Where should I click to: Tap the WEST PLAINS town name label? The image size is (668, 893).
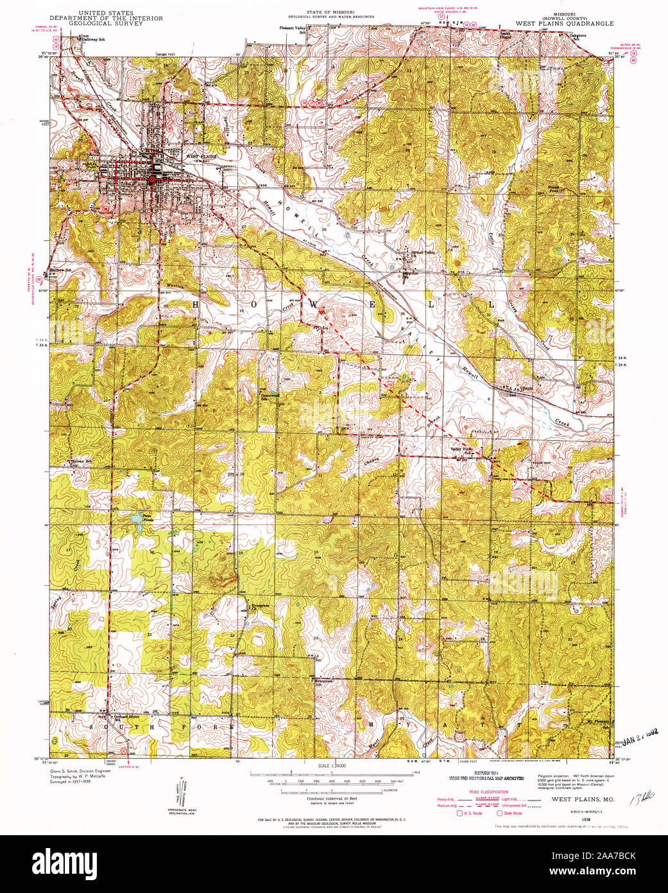202,156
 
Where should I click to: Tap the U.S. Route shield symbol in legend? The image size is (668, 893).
459,813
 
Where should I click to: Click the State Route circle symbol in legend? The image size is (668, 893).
499,813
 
